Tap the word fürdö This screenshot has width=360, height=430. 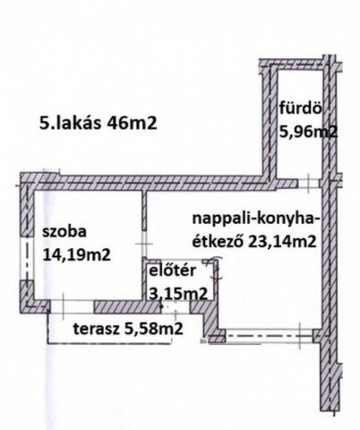300,111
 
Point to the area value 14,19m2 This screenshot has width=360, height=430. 77,254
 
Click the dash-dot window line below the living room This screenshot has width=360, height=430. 264,336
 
